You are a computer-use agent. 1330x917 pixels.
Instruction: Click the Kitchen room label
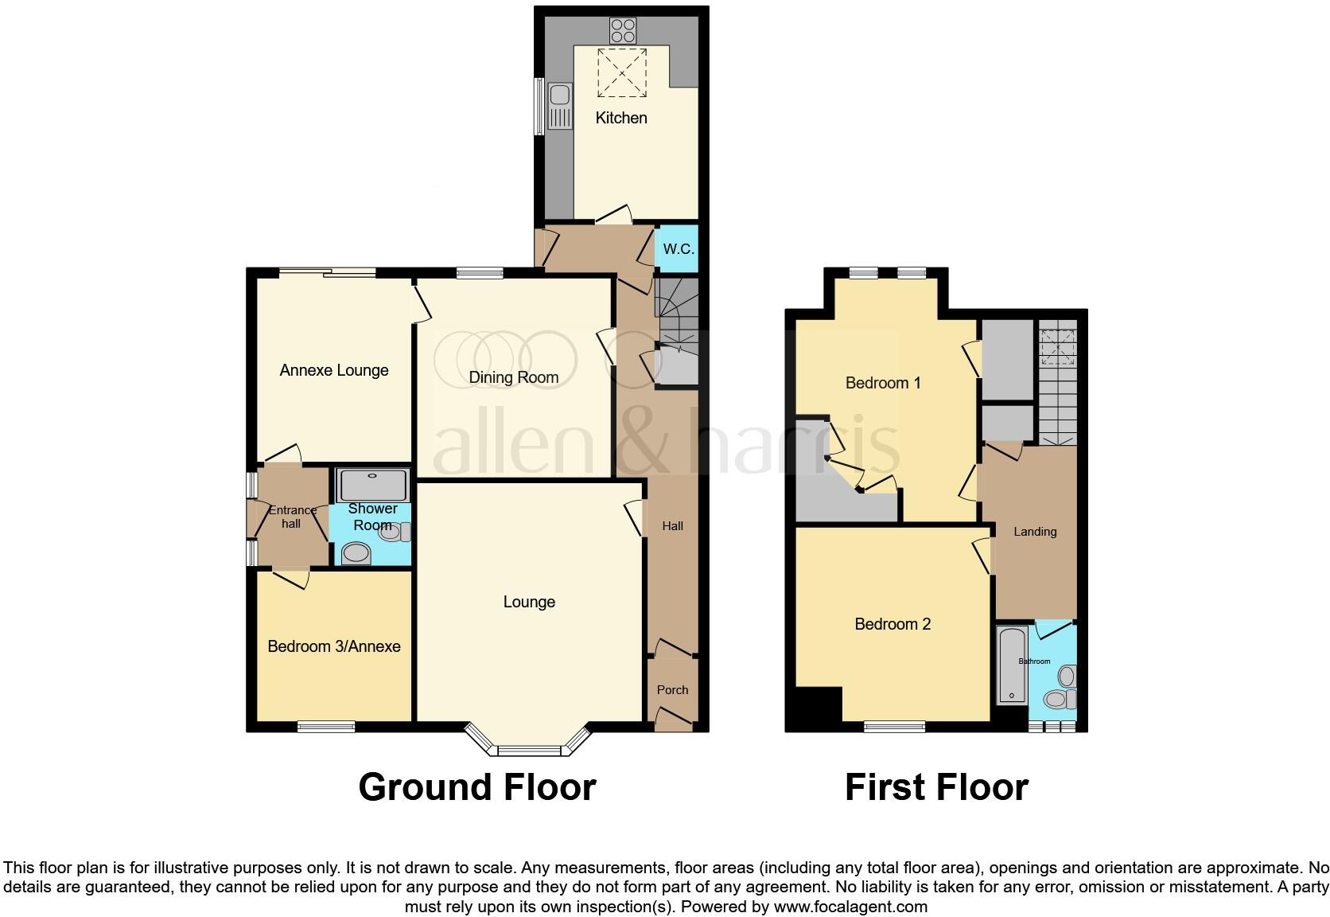pyautogui.click(x=621, y=118)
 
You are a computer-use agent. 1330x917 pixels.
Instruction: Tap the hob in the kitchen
pyautogui.click(x=622, y=30)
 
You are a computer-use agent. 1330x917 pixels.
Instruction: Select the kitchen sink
pyautogui.click(x=559, y=106)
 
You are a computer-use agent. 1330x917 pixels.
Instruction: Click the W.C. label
pyautogui.click(x=679, y=249)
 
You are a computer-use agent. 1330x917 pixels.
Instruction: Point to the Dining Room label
pyautogui.click(x=513, y=377)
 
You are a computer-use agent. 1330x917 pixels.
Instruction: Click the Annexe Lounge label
pyautogui.click(x=334, y=370)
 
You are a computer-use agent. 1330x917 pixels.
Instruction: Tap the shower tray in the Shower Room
pyautogui.click(x=372, y=485)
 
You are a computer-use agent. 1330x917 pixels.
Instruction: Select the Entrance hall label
pyautogui.click(x=291, y=517)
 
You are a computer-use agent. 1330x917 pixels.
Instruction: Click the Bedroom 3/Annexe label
pyautogui.click(x=334, y=646)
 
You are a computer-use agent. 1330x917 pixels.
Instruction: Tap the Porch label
pyautogui.click(x=672, y=690)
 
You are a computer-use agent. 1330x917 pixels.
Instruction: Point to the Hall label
pyautogui.click(x=673, y=526)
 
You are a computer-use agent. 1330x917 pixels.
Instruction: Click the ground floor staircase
pyautogui.click(x=677, y=306)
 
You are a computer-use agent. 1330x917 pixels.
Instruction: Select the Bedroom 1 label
pyautogui.click(x=883, y=383)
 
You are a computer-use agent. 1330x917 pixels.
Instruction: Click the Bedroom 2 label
pyautogui.click(x=892, y=624)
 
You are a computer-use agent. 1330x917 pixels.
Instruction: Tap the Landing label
pyautogui.click(x=1035, y=532)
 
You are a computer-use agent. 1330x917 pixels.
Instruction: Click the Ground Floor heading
pyautogui.click(x=477, y=787)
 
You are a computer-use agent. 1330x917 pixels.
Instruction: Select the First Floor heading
pyautogui.click(x=936, y=787)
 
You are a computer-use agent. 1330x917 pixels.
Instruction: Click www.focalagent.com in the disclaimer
pyautogui.click(x=850, y=907)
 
